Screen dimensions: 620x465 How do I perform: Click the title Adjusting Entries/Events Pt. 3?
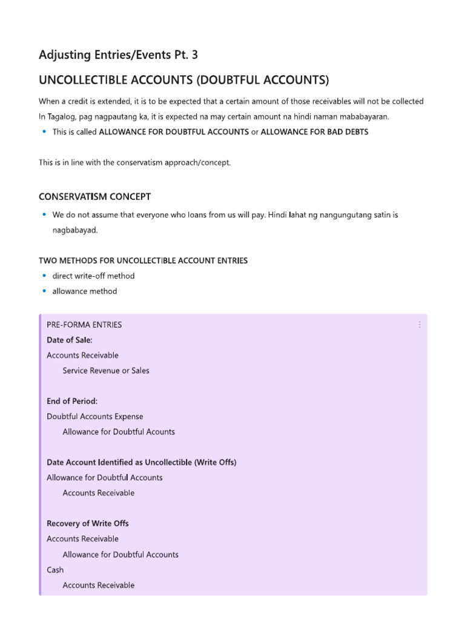pos(118,55)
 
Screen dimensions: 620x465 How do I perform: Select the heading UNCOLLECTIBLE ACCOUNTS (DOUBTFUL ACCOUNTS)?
pos(183,81)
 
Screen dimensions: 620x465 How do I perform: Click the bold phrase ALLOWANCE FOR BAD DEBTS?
pos(314,132)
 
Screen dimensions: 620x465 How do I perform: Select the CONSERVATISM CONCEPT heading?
pos(95,197)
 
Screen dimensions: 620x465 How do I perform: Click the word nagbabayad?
pos(75,231)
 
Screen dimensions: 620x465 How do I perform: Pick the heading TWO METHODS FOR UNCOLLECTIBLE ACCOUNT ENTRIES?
pos(143,260)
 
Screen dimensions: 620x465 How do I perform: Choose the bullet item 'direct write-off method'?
pos(93,276)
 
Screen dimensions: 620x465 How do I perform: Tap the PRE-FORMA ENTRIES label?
pos(84,325)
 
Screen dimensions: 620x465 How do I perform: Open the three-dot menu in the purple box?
pos(419,325)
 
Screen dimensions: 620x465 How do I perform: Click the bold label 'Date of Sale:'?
pos(70,340)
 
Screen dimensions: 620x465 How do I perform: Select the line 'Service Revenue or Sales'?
pos(106,371)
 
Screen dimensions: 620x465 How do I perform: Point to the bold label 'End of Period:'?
pos(72,401)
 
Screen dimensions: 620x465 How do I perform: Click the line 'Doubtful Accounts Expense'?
pos(95,417)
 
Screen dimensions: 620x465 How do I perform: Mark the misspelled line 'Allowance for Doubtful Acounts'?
pos(119,432)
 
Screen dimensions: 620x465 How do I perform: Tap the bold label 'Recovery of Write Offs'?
pos(88,523)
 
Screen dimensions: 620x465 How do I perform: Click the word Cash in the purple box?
pos(55,570)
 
